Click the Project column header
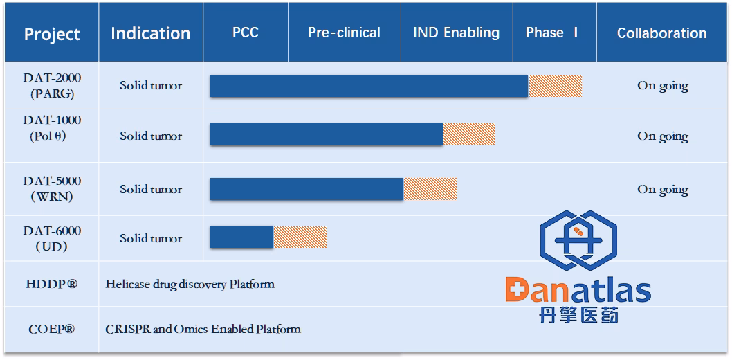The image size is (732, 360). coord(52,34)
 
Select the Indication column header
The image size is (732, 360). coord(150,33)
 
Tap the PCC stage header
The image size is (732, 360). coord(246,33)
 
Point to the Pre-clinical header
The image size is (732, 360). coord(344,33)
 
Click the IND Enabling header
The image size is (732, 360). coord(456,33)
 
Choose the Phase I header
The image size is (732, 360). coord(551,33)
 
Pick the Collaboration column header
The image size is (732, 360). coord(661,33)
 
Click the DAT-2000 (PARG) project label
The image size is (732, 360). coord(52,86)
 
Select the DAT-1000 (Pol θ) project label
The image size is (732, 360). coord(52,128)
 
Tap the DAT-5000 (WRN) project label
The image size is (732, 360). coord(52,188)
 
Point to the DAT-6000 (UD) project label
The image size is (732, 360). coord(52,238)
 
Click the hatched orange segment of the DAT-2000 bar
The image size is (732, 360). coord(555,86)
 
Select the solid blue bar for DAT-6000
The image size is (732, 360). coord(241,237)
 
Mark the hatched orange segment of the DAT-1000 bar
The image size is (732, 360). coord(468,134)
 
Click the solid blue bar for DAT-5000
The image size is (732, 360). coord(306,189)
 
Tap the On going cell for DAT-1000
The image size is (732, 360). coord(662,136)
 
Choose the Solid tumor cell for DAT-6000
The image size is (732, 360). coord(150,238)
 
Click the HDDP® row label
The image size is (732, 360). coord(52,284)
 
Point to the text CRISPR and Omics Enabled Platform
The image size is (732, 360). coord(203,329)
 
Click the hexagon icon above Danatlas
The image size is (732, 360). coord(578,240)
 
